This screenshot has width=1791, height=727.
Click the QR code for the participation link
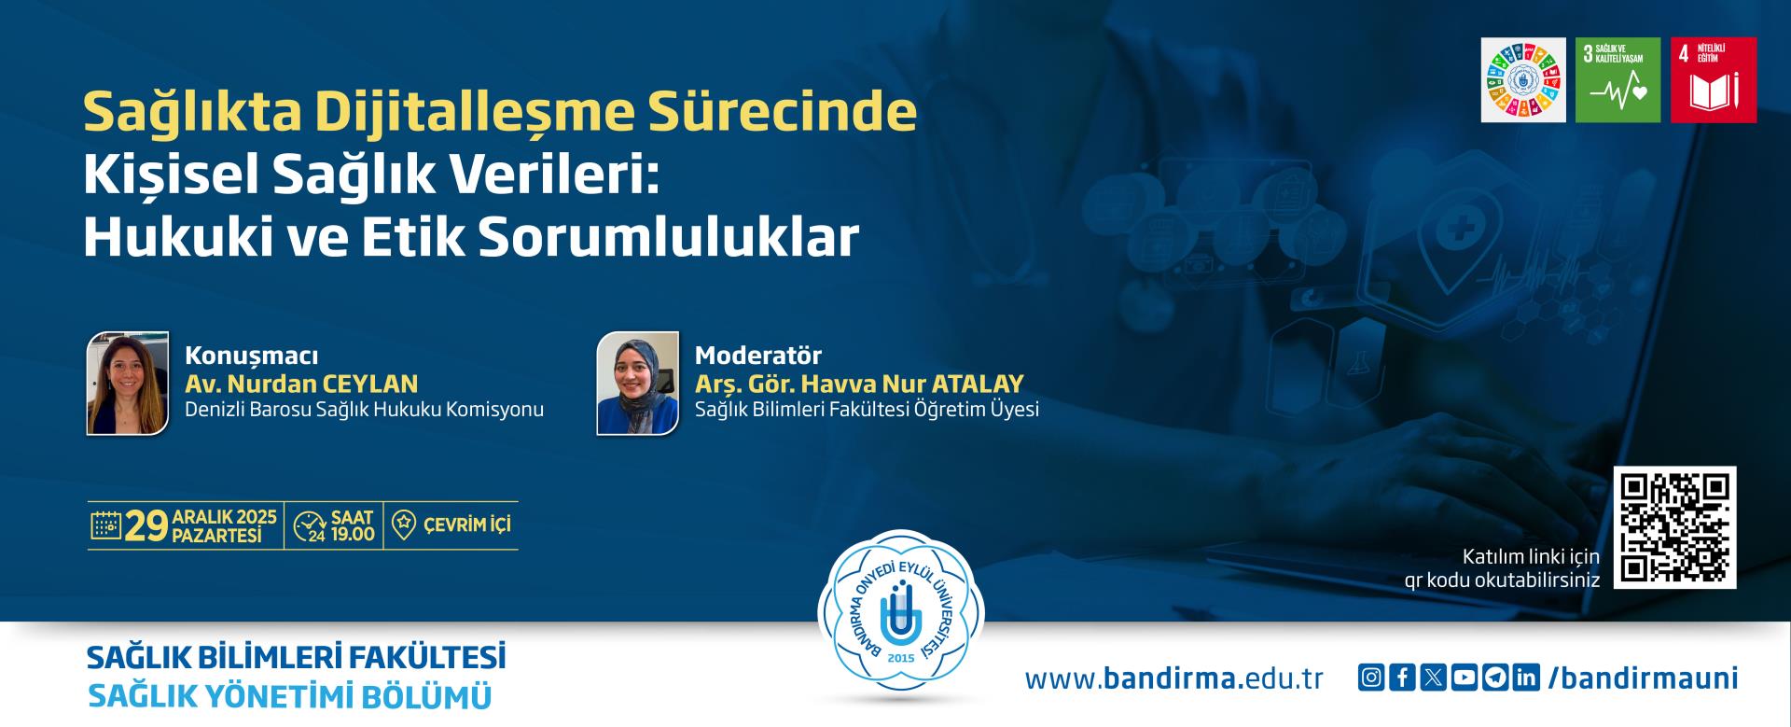coord(1674,527)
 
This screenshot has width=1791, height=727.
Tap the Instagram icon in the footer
coord(1370,678)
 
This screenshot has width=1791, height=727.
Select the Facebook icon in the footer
coord(1402,678)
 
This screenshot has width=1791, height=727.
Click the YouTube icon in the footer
coord(1465,678)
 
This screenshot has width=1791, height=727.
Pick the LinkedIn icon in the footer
coord(1527,678)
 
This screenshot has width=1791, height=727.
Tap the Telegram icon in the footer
coord(1496,678)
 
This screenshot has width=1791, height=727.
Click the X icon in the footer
coord(1433,678)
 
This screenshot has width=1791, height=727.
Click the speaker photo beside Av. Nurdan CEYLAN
coord(128,383)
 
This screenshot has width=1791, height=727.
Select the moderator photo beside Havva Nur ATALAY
coord(638,383)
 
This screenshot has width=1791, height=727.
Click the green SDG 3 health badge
coord(1618,80)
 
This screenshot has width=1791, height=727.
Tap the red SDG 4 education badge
coord(1714,80)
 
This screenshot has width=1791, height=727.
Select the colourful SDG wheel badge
coord(1523,80)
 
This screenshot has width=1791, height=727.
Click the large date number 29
coord(146,526)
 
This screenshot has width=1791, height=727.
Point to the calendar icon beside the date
coord(105,525)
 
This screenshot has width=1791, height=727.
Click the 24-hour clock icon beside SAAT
coord(309,526)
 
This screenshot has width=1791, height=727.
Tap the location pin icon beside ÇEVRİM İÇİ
coord(403,524)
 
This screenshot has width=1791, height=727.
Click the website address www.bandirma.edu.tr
coord(1174,678)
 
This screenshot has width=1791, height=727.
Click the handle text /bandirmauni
coord(1643,678)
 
